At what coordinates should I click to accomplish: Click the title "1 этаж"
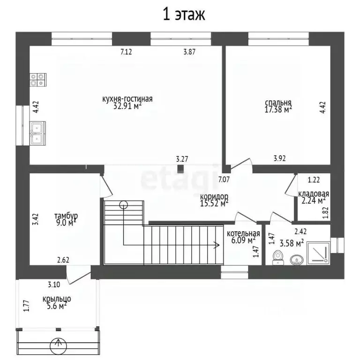(184, 14)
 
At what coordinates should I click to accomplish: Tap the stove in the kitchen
(38, 80)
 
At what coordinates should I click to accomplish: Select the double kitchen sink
(37, 133)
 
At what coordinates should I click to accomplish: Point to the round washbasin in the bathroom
(297, 260)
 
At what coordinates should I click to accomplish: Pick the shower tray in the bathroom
(318, 252)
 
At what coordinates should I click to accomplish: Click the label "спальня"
(278, 102)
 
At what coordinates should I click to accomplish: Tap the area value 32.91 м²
(127, 105)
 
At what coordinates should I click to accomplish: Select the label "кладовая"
(314, 194)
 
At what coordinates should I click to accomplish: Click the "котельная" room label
(243, 233)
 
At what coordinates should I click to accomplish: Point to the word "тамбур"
(66, 216)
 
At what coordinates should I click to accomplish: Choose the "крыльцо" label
(57, 299)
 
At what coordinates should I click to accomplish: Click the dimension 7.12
(126, 52)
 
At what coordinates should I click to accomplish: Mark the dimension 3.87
(189, 52)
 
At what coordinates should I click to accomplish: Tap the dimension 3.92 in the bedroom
(280, 158)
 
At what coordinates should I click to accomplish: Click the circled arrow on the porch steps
(59, 346)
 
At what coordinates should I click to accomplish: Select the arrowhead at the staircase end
(217, 245)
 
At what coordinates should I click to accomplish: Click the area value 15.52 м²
(214, 203)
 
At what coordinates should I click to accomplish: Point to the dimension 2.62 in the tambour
(63, 260)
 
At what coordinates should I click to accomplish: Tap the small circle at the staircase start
(124, 204)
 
